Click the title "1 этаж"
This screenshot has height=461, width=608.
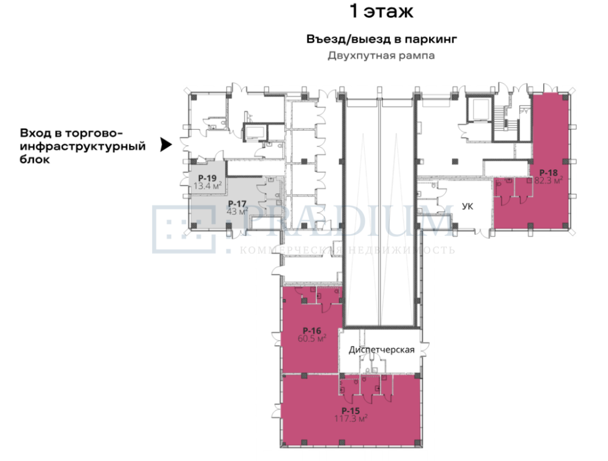pos(381,11)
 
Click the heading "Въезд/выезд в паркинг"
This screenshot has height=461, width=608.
pos(382,39)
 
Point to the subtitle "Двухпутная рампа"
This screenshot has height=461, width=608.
pos(381,56)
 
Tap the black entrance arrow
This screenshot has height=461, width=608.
pos(166,145)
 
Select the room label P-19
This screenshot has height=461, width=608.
pos(207,178)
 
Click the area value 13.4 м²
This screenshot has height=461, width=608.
pos(207,185)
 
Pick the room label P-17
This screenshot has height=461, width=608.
pos(237,203)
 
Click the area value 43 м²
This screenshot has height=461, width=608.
pos(237,211)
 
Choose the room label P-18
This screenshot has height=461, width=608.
pos(549,173)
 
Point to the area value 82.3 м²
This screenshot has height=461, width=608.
pos(549,180)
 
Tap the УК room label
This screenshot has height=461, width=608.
pos(467,206)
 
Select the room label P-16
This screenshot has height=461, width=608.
pos(312,331)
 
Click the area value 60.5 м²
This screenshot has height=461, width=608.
pos(312,339)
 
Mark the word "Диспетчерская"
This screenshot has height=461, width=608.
pos(382,350)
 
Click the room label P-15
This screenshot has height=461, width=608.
pos(350,411)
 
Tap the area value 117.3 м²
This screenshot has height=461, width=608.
pos(350,418)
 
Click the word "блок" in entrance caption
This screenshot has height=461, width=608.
pos(35,160)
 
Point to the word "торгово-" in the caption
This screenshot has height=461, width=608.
pos(94,133)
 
